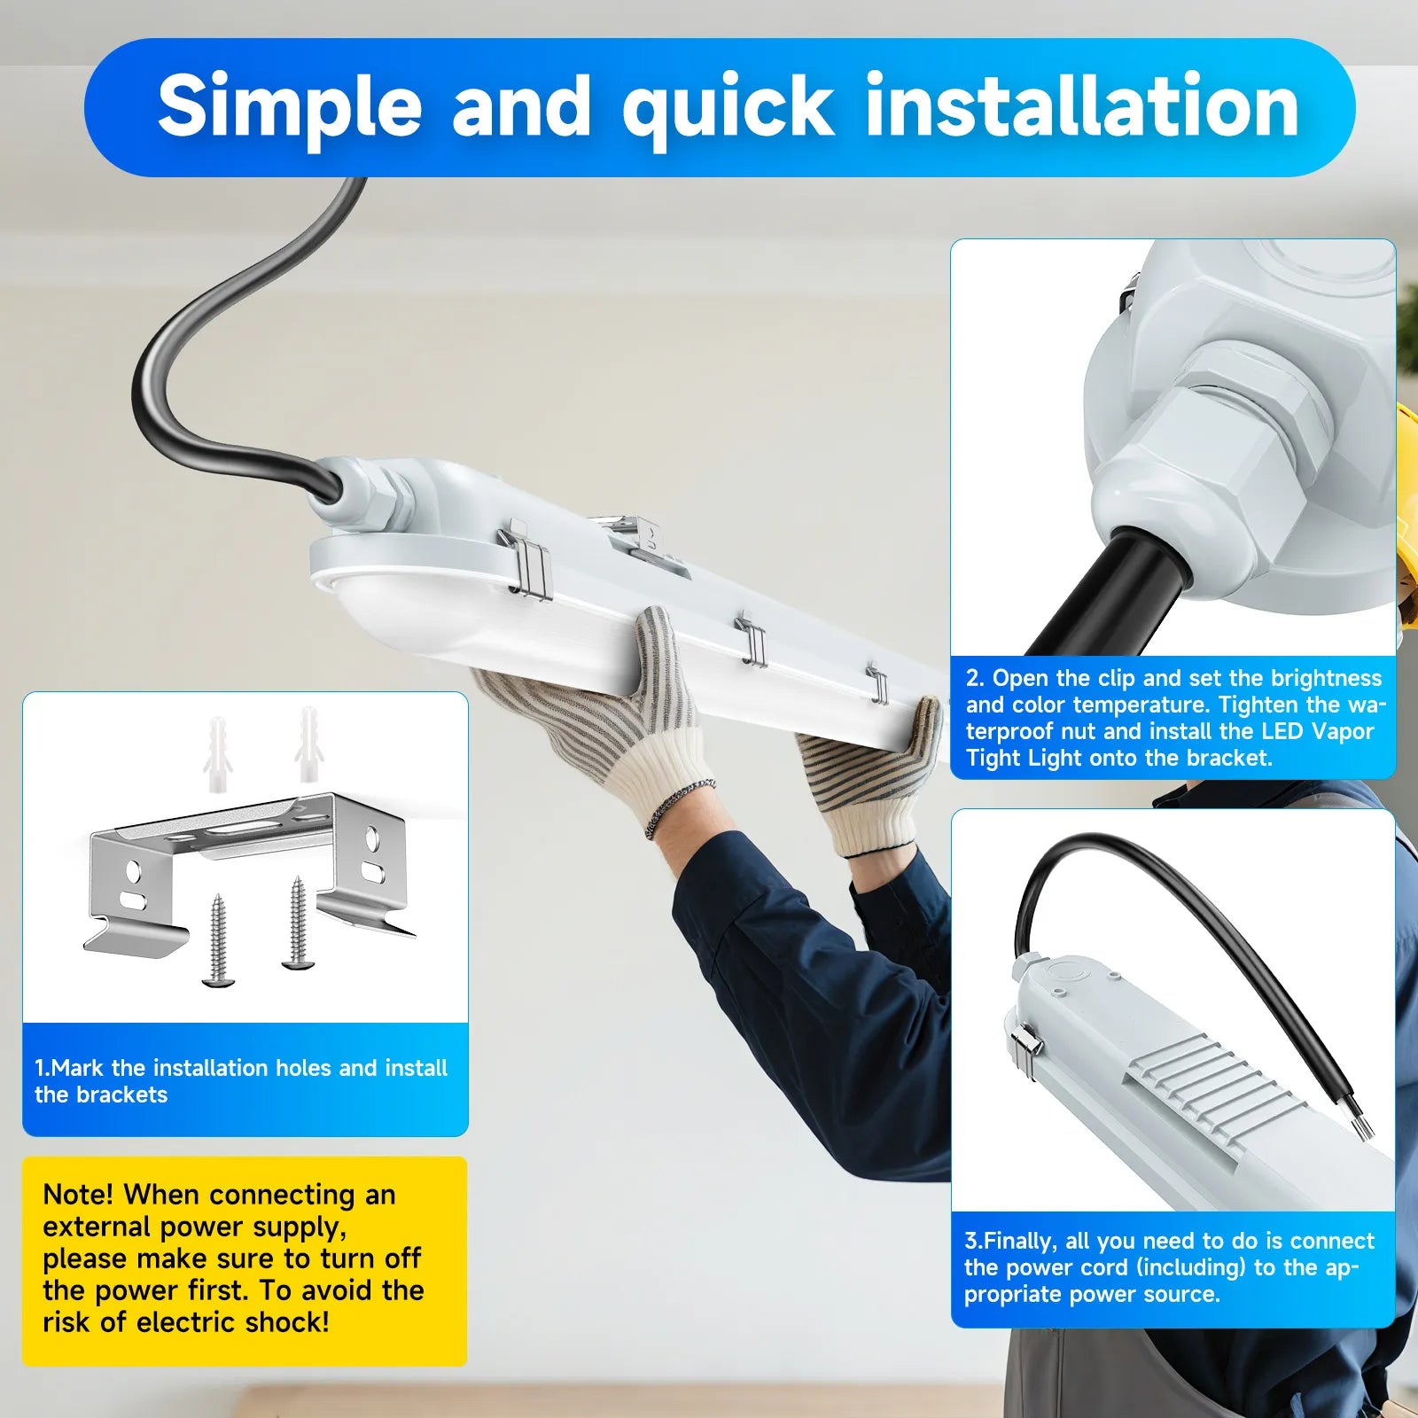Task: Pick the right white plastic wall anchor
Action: [308, 744]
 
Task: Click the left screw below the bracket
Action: [216, 940]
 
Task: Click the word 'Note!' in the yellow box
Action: [78, 1195]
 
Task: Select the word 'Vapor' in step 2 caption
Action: [1342, 731]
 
